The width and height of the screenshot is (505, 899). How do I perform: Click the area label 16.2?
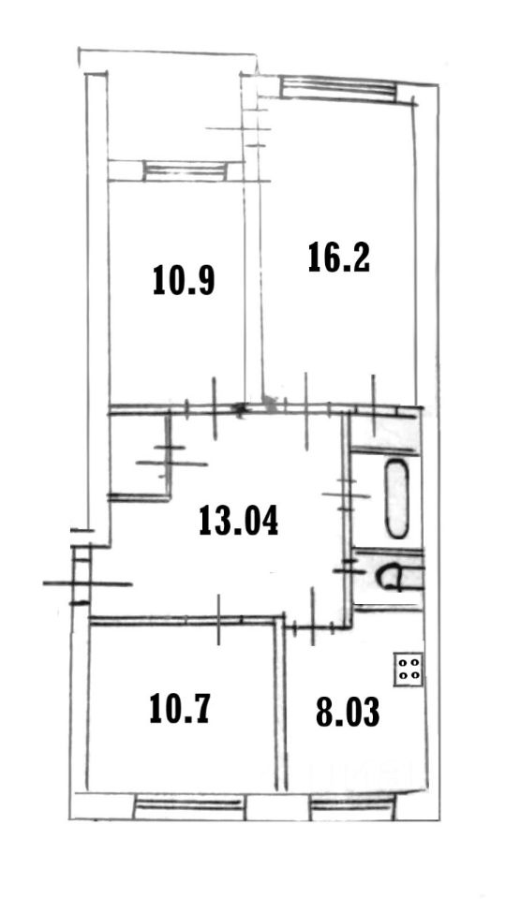(338, 258)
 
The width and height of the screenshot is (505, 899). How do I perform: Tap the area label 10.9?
(184, 280)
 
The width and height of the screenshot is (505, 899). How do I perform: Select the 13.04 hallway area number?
(239, 520)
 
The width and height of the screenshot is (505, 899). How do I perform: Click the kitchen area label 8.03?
(348, 712)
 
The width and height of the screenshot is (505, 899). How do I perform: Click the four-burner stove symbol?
(408, 669)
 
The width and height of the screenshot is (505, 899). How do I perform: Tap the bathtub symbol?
(397, 499)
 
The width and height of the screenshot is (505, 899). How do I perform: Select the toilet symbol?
(398, 577)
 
